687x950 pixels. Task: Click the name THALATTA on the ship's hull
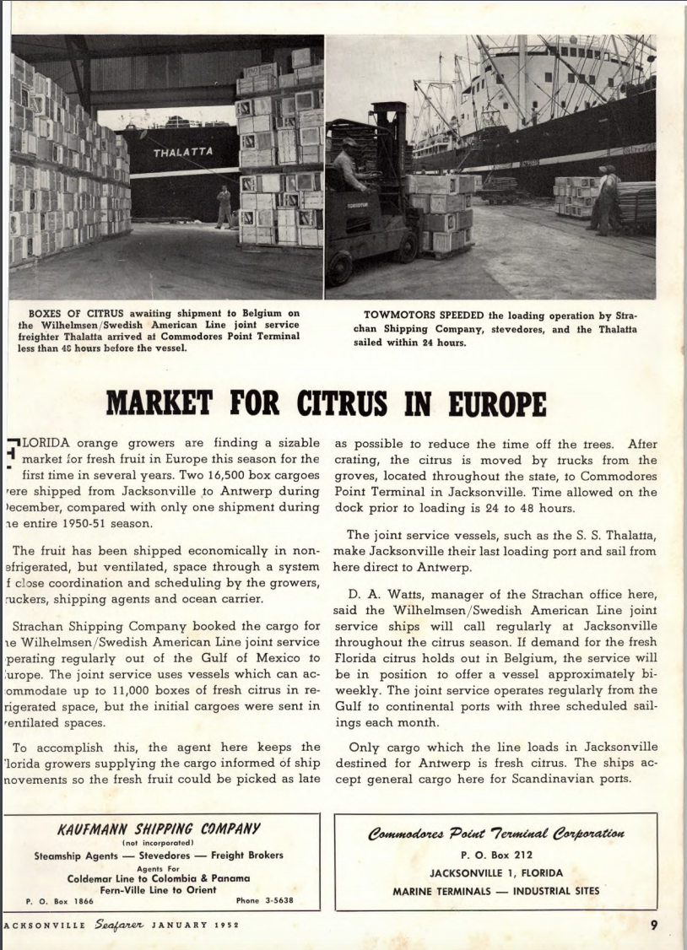tap(183, 153)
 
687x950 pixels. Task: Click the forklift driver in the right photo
tap(349, 165)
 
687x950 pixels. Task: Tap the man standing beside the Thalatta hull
tap(224, 207)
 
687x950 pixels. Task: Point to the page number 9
tap(654, 923)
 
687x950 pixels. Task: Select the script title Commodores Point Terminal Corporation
tap(495, 834)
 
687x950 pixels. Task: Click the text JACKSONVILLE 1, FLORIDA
tap(495, 873)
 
